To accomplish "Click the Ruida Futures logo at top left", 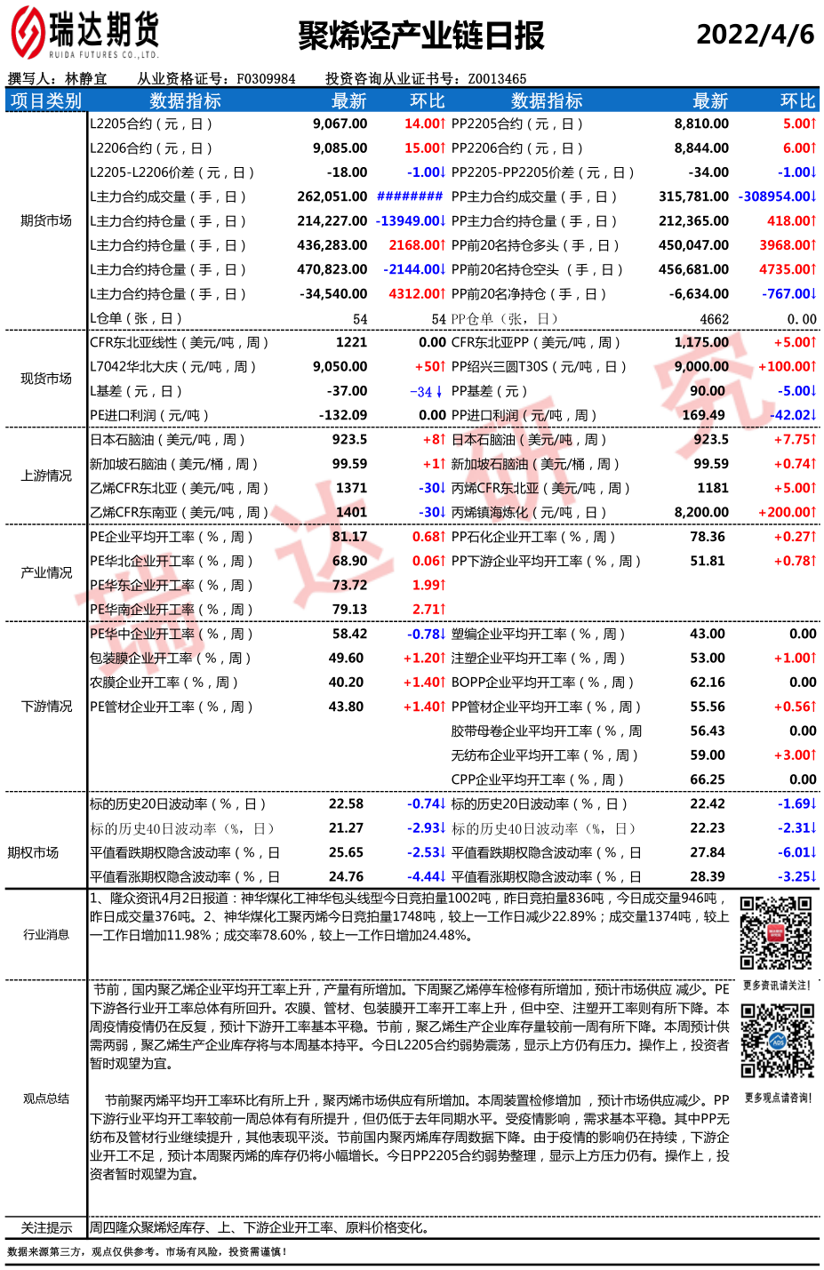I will pos(84,34).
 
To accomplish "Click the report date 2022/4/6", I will pos(755,35).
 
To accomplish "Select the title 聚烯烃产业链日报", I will pos(420,36).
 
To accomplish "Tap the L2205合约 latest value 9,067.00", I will pos(340,124).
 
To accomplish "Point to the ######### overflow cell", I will pos(410,196).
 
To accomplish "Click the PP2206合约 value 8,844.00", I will pos(701,148).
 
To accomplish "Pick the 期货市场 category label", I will pos(46,220).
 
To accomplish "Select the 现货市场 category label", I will pos(46,379).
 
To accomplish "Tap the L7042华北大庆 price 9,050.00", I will pos(340,366).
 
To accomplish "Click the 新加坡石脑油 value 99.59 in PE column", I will pos(349,464).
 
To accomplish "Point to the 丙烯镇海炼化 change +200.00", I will pos(787,512).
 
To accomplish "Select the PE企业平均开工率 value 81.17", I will pos(349,537).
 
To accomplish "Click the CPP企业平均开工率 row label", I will pos(538,779).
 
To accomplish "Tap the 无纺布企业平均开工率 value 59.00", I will pos(708,755).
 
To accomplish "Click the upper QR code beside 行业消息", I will pos(777,933).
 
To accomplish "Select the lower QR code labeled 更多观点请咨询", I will pos(778,1041).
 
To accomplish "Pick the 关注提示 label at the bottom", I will pos(46,1228).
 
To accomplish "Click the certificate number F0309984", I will pos(266,79).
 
